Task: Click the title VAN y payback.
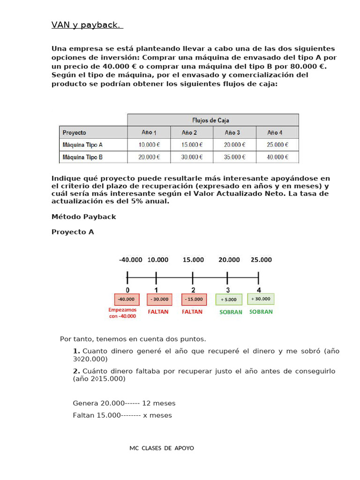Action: click(x=87, y=25)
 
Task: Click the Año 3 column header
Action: click(x=232, y=133)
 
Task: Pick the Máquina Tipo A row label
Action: click(x=82, y=145)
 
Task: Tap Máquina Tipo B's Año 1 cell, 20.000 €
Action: click(x=149, y=157)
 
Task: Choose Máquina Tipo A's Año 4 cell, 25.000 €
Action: click(x=277, y=145)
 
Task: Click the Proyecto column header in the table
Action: click(x=75, y=133)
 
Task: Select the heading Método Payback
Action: click(x=83, y=217)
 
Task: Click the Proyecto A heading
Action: click(x=73, y=232)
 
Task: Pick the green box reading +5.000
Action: click(x=229, y=299)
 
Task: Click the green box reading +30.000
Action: click(x=261, y=299)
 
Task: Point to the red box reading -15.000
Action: click(x=193, y=299)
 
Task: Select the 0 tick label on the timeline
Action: click(x=127, y=290)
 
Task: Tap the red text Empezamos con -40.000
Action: click(x=122, y=313)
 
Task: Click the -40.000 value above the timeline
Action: click(x=131, y=260)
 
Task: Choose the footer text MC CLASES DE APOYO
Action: click(x=162, y=448)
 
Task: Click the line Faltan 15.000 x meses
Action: click(x=122, y=415)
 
